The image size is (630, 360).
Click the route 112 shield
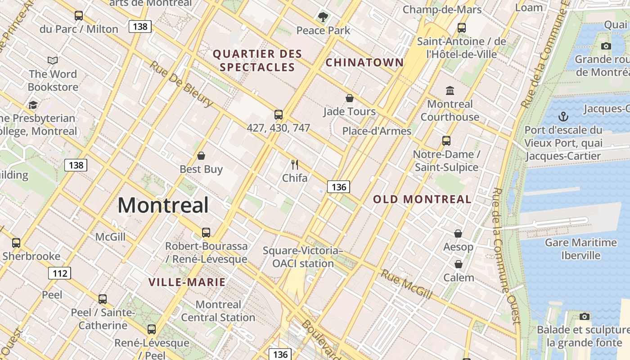[x=59, y=273]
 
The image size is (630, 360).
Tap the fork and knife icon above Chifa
[x=295, y=165]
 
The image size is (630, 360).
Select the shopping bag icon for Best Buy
[x=201, y=156]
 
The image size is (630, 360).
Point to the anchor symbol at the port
[x=563, y=117]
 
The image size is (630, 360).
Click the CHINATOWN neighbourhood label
[x=364, y=63]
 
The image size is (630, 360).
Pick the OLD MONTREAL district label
[x=422, y=199]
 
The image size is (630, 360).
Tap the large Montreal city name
[x=163, y=206]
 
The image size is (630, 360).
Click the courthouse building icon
[x=450, y=91]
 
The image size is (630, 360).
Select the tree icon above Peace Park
[x=323, y=18]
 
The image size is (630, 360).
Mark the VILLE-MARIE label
[x=187, y=282]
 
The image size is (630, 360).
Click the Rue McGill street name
[x=406, y=284]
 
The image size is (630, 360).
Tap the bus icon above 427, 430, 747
[x=279, y=115]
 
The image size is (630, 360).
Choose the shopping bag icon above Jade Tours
[x=350, y=98]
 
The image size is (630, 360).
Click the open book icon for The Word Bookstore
[x=53, y=60]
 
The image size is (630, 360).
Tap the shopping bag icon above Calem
[x=459, y=264]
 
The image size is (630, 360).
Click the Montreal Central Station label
[x=218, y=311]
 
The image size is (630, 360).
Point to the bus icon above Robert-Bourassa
[x=206, y=233]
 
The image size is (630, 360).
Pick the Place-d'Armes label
[x=377, y=131]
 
